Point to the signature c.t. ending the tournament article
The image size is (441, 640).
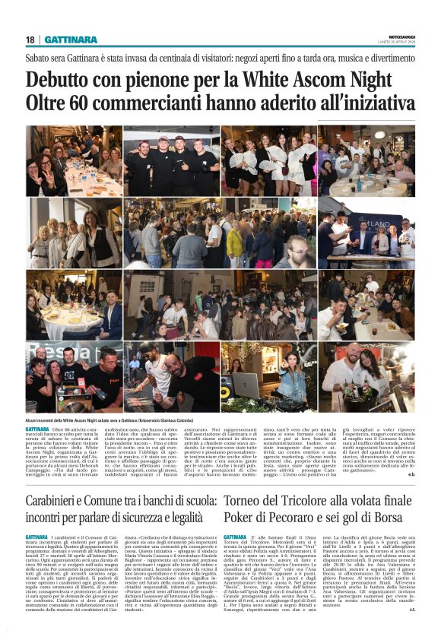(411, 608)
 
